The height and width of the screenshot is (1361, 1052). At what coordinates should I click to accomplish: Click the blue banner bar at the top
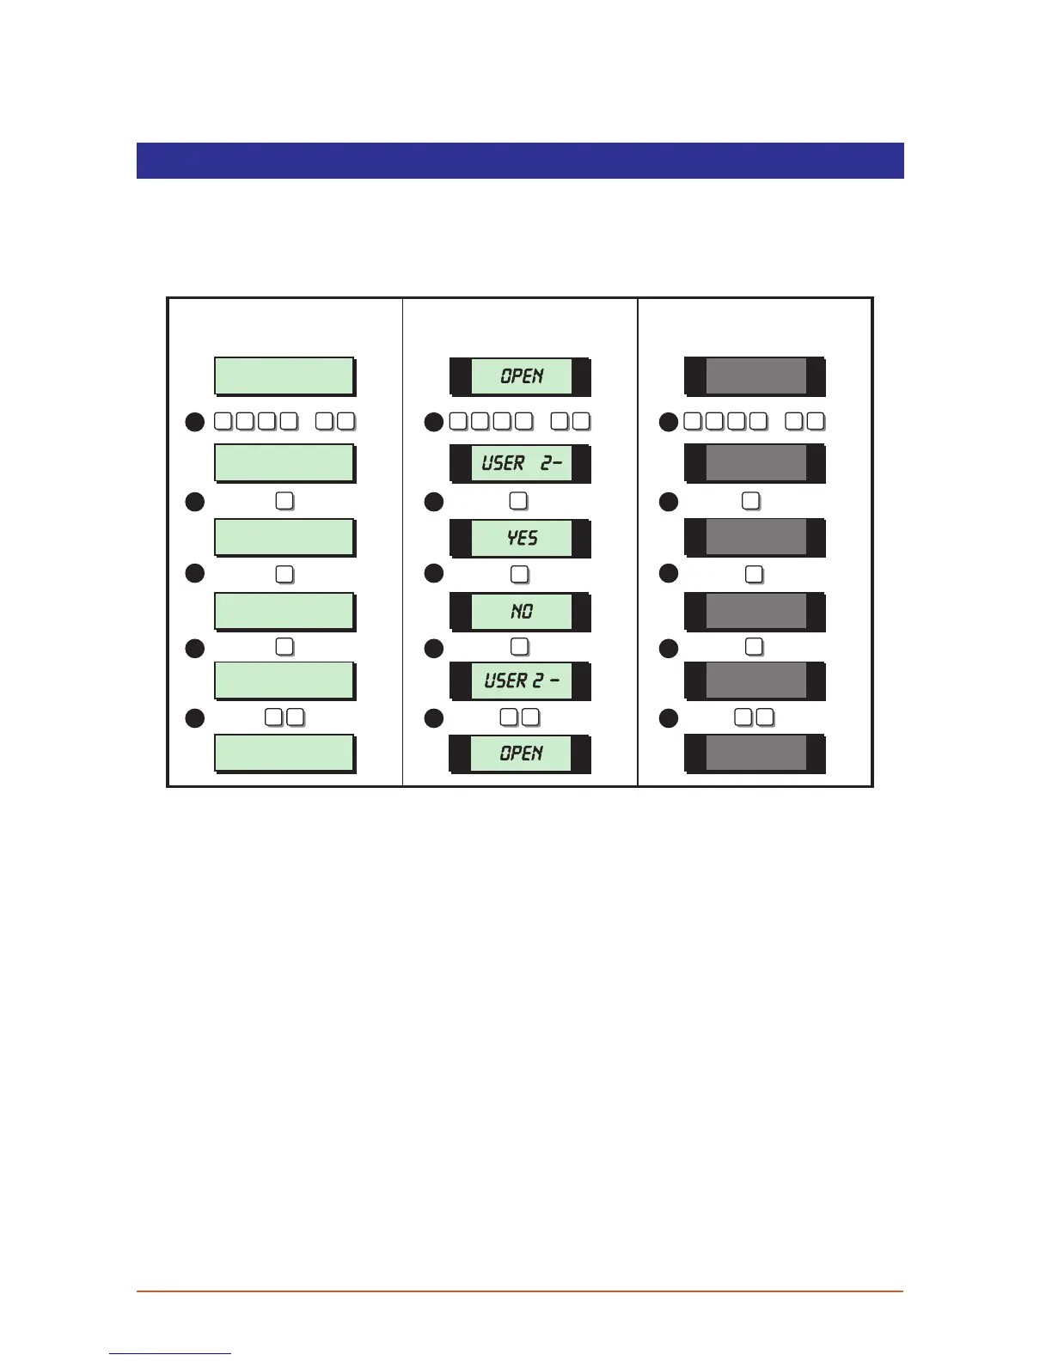[520, 161]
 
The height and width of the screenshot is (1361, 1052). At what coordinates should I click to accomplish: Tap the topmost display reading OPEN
[521, 376]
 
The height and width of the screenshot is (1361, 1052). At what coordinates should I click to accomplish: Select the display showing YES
[521, 538]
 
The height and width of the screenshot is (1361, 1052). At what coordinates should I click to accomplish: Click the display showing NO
[521, 612]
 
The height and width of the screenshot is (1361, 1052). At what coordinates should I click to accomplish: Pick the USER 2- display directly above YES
[521, 464]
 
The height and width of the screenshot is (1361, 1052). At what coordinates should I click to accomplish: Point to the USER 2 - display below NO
[521, 681]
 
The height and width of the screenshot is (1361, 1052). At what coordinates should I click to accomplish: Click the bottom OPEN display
[521, 754]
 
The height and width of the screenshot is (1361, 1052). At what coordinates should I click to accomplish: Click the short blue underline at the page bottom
[170, 1353]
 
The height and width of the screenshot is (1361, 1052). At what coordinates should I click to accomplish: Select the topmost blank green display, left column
[284, 376]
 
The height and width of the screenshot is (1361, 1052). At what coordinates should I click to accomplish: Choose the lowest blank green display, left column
[284, 754]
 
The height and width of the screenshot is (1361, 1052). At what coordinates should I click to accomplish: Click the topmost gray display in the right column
[755, 376]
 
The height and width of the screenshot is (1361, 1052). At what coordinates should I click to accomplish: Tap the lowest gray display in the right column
[755, 754]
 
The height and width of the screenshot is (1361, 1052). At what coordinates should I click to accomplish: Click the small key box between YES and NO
[519, 574]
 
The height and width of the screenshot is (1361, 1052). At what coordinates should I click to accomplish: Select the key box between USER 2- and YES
[518, 500]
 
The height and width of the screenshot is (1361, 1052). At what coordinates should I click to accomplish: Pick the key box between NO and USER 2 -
[519, 646]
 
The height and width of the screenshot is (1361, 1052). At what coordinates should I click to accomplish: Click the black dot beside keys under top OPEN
[434, 422]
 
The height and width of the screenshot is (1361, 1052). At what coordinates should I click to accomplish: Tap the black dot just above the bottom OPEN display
[434, 717]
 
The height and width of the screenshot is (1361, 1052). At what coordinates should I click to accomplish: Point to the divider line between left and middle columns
[402, 541]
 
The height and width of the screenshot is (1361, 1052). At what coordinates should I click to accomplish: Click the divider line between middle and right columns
[638, 541]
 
